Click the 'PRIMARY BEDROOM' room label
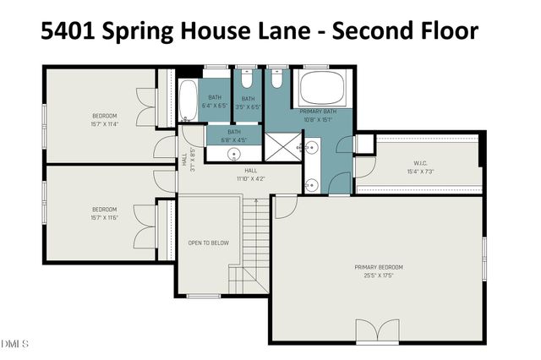point(379,267)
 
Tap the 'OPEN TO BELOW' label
point(208,243)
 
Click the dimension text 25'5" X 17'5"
point(379,275)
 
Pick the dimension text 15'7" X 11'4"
point(105,123)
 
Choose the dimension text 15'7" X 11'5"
point(105,218)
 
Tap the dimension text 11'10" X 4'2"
point(251,178)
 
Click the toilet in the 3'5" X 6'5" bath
point(247,81)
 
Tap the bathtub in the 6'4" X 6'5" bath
point(189,102)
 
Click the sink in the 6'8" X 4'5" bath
point(234,154)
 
